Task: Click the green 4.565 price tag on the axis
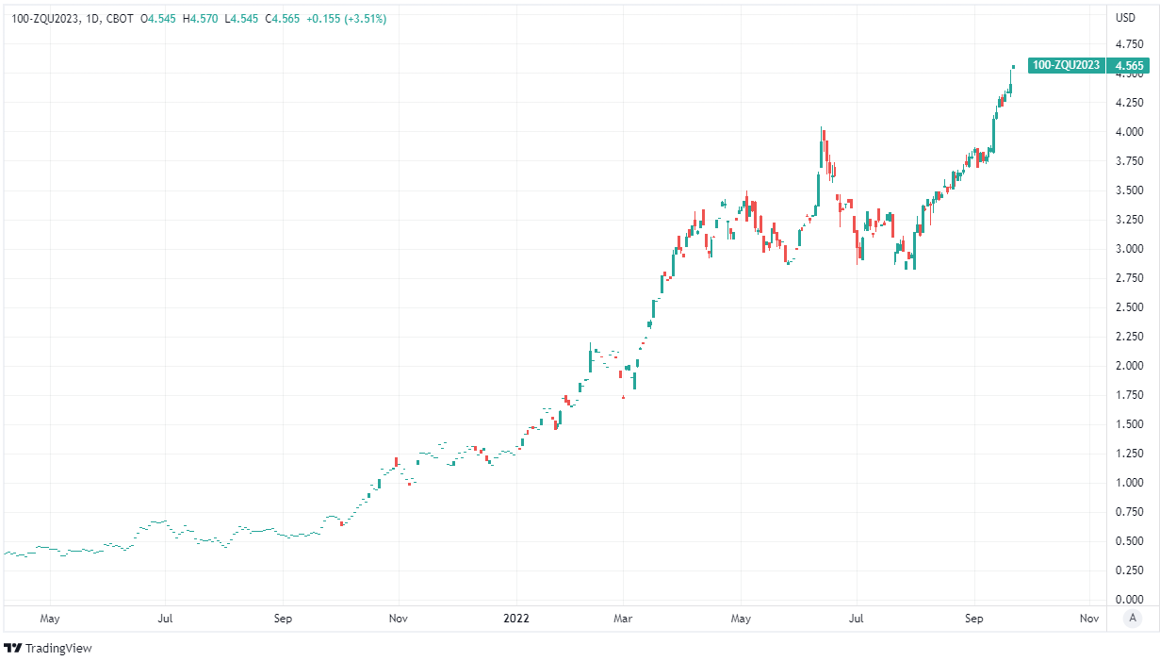point(1129,65)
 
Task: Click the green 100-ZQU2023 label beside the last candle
point(1066,65)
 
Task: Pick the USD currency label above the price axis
point(1125,18)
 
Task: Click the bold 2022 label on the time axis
point(516,619)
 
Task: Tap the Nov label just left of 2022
point(398,619)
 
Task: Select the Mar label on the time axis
point(622,619)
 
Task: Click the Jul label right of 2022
point(857,619)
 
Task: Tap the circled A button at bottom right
point(1134,619)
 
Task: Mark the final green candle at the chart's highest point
point(1013,66)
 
